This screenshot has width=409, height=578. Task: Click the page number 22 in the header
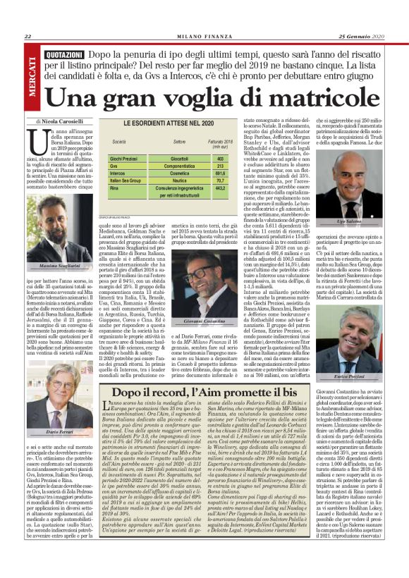(28, 37)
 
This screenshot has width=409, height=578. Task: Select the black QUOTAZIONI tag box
(64, 54)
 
